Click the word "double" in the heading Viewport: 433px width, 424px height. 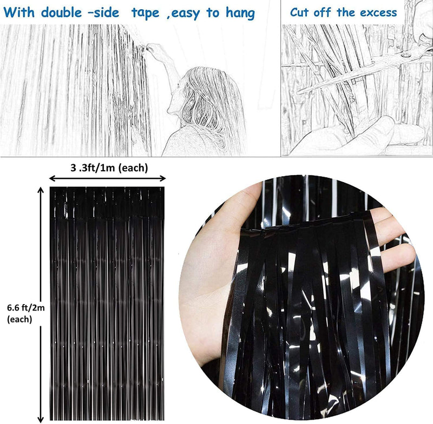click(61, 12)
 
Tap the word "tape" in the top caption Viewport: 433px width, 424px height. click(145, 14)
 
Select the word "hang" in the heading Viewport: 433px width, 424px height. click(240, 13)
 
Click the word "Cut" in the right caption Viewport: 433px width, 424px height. click(299, 12)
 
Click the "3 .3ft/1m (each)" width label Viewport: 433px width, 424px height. click(109, 167)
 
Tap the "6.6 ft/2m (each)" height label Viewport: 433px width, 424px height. click(25, 313)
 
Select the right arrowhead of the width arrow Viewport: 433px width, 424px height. click(162, 179)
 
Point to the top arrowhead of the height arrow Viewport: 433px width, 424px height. click(41, 190)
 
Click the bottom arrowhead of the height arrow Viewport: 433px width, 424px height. click(41, 419)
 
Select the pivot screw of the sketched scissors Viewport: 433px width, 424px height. click(405, 56)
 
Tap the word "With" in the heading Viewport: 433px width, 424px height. click(19, 12)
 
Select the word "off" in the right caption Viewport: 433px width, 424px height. click(322, 12)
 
